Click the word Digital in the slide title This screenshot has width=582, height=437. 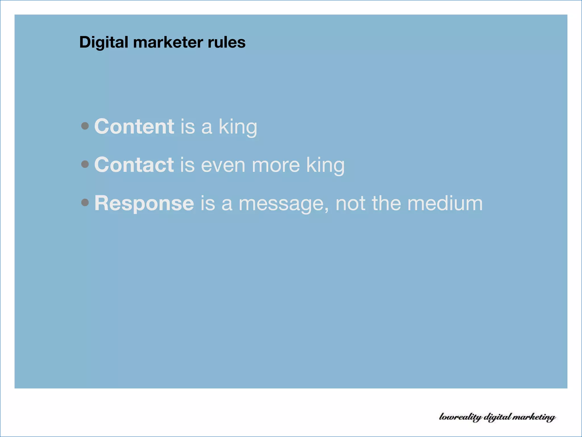pyautogui.click(x=104, y=43)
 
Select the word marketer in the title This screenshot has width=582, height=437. pyautogui.click(x=168, y=42)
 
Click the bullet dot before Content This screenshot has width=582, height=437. pyautogui.click(x=85, y=126)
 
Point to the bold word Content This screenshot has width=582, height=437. pyautogui.click(x=134, y=126)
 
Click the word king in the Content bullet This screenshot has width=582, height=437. pyautogui.click(x=238, y=127)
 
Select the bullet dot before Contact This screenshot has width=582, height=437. pyautogui.click(x=85, y=164)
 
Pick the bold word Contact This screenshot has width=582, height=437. pyautogui.click(x=134, y=165)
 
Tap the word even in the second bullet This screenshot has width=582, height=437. pyautogui.click(x=223, y=165)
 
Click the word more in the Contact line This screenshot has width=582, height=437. pyautogui.click(x=276, y=165)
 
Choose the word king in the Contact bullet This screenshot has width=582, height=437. pyautogui.click(x=325, y=165)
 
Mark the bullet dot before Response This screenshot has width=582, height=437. pyautogui.click(x=85, y=202)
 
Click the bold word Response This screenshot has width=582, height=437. pyautogui.click(x=144, y=204)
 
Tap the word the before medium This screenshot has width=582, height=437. pyautogui.click(x=386, y=203)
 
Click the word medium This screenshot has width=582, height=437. pyautogui.click(x=445, y=203)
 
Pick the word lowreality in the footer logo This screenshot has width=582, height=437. pyautogui.click(x=460, y=417)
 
